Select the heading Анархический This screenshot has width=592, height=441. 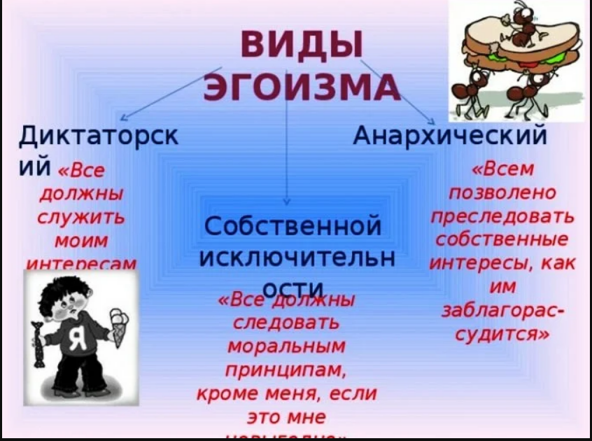449,133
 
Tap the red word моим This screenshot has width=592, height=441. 82,241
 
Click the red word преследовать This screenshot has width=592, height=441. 503,216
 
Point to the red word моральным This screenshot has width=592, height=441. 287,346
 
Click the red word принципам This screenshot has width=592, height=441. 287,370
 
